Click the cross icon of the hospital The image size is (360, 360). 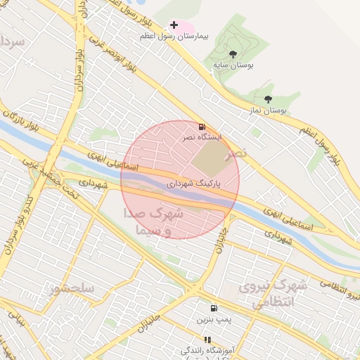click(174, 25)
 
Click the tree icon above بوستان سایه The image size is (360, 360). click(233, 54)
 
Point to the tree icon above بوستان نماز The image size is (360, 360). click(267, 100)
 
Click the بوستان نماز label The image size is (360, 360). click(267, 110)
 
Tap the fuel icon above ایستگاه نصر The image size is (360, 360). click(202, 127)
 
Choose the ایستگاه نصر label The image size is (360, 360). click(202, 138)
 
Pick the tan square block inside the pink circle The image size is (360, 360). click(211, 159)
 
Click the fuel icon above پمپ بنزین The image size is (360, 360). click(213, 308)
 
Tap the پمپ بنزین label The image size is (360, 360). click(213, 320)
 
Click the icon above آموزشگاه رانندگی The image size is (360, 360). click(207, 340)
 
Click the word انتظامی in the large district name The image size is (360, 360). click(271, 303)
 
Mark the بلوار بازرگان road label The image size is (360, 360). click(21, 127)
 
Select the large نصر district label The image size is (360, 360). click(236, 154)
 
